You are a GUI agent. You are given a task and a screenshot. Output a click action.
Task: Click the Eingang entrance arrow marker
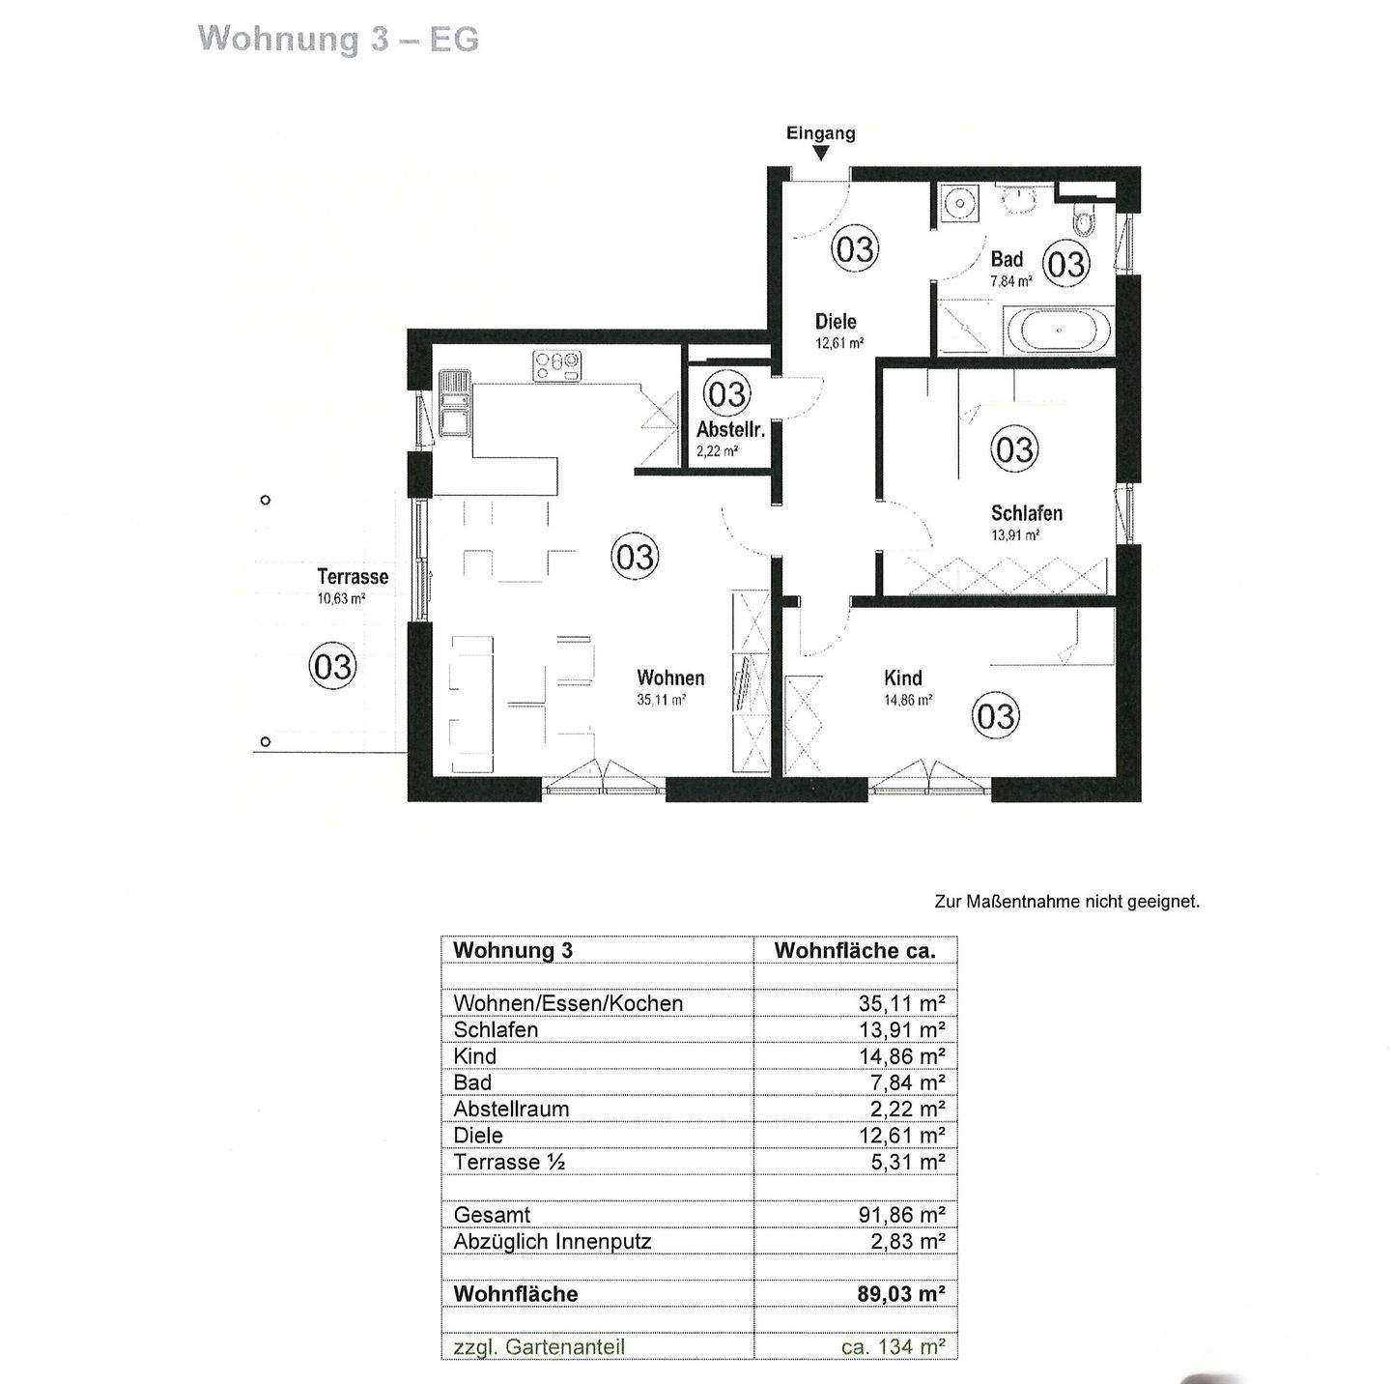(820, 153)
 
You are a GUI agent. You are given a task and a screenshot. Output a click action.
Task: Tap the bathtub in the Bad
(1060, 331)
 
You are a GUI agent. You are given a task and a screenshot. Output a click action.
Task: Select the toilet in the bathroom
(1085, 220)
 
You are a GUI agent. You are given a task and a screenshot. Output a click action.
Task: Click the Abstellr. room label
(730, 430)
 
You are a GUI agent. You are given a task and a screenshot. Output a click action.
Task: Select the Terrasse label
(353, 577)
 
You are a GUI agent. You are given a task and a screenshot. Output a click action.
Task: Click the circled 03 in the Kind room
(995, 715)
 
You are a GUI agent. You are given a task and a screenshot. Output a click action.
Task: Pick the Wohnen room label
(670, 678)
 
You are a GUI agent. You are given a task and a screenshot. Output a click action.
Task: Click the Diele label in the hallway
(836, 321)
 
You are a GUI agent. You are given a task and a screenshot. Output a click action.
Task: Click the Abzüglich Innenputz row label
(552, 1241)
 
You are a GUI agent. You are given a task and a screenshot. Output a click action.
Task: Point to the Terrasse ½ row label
(509, 1162)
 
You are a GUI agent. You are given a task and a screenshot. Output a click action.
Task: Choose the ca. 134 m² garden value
(893, 1346)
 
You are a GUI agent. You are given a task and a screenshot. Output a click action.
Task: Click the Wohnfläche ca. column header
(855, 950)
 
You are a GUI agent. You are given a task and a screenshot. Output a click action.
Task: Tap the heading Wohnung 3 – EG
(338, 39)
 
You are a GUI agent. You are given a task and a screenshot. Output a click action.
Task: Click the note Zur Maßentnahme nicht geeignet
(1066, 901)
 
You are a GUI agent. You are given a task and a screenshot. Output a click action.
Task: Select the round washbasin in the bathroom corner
(959, 204)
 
